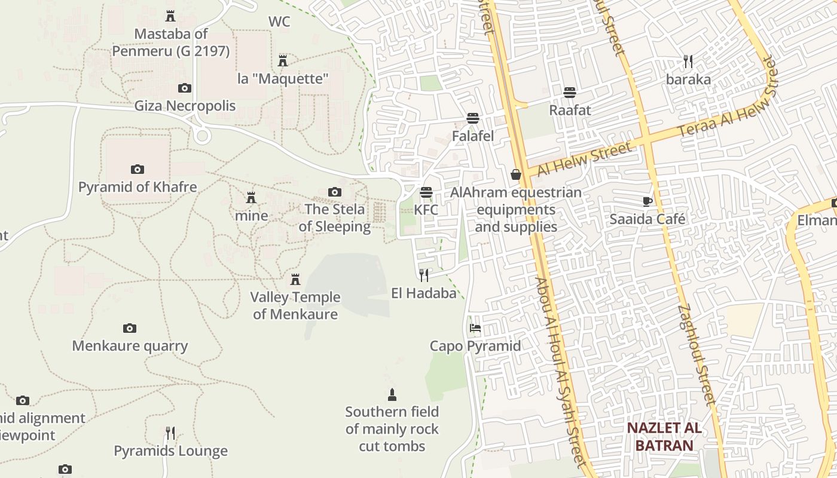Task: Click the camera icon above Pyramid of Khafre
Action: click(138, 169)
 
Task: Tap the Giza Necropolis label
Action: click(185, 106)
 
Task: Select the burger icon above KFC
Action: click(426, 192)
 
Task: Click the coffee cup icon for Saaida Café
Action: click(647, 201)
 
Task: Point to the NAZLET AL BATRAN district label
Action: click(664, 437)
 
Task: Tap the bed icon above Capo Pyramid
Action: click(475, 328)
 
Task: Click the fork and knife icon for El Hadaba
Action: click(424, 275)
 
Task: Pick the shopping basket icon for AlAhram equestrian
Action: click(516, 174)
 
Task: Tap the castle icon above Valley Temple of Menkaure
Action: click(295, 279)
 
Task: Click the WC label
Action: click(279, 22)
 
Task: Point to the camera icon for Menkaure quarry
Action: click(130, 328)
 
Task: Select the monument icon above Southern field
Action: click(392, 394)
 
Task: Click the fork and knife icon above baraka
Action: click(688, 62)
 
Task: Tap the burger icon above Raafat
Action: click(570, 93)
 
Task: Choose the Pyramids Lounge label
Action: click(171, 451)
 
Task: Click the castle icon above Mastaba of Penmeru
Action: click(170, 16)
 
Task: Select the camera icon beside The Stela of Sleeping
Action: click(335, 192)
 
